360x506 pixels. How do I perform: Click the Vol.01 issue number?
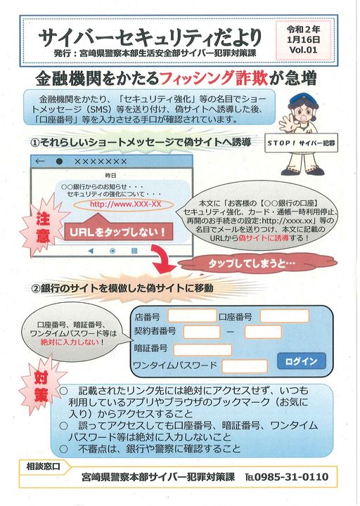point(303,50)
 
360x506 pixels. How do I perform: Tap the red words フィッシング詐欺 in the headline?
point(214,78)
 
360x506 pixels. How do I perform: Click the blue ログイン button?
point(301,361)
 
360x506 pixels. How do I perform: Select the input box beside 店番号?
point(192,316)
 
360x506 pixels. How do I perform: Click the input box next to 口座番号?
point(285,316)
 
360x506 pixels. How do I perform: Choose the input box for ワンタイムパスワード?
point(245,366)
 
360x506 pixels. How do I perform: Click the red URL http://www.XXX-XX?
point(125,205)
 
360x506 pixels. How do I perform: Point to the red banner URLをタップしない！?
point(119,231)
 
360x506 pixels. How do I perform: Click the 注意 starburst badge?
point(43,227)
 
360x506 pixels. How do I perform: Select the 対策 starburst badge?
point(42,387)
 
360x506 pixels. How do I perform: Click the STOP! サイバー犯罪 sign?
point(301,143)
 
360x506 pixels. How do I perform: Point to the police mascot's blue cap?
point(302,99)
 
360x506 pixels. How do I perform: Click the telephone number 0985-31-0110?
point(291,477)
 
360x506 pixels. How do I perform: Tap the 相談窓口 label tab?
point(44,467)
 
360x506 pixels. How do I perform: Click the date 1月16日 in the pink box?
point(303,39)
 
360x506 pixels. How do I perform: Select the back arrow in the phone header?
point(39,161)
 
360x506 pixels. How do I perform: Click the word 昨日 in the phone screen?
point(110,176)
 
